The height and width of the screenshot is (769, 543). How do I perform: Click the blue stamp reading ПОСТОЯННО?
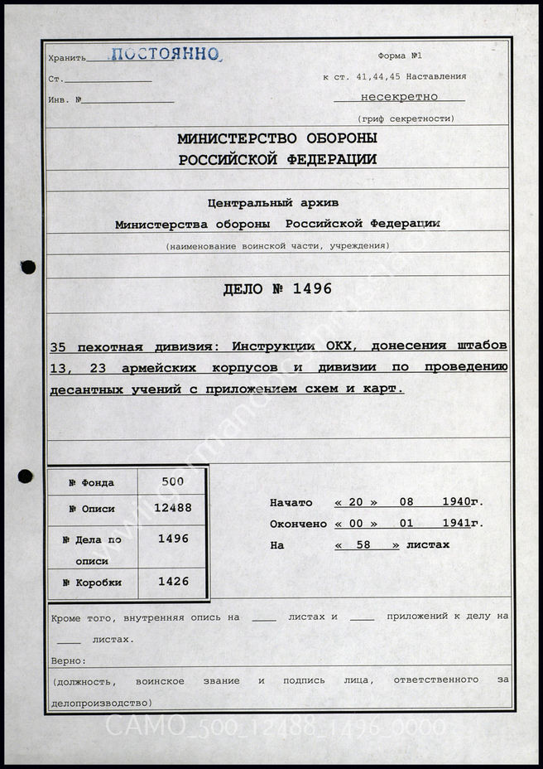point(166,55)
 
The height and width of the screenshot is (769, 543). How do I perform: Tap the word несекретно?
point(399,97)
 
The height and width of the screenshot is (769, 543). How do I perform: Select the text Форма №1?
point(400,56)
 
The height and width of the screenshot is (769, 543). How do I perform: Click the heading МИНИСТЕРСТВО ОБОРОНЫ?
point(277,138)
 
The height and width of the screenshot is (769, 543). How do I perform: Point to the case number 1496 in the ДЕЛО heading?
point(312,288)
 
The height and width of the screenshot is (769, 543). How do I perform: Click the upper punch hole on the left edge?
point(28,267)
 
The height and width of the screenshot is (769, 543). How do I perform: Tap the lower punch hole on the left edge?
point(26,476)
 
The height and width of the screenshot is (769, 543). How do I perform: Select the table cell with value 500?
point(173,481)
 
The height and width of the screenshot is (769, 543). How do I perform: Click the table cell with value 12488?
point(173,508)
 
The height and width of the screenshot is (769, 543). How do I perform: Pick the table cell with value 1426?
point(173,582)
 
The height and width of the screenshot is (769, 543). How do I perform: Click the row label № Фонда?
point(93,483)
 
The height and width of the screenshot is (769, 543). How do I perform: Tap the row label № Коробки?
point(93,583)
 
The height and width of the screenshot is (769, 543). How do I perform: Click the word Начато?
point(291,502)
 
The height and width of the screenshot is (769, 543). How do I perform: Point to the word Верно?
point(68,660)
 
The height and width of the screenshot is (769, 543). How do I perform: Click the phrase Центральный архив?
point(277,202)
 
